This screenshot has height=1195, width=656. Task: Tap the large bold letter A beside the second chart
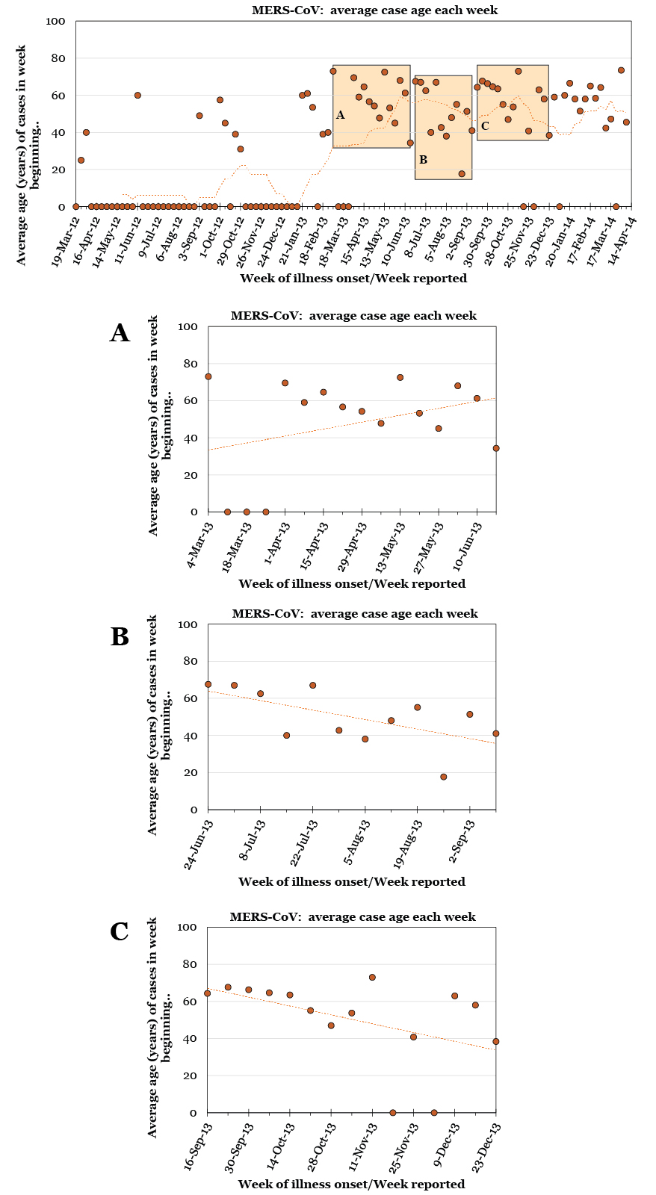click(x=120, y=332)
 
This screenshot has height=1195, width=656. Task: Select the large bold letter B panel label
click(x=120, y=636)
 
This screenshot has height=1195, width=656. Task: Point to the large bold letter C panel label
click(x=120, y=931)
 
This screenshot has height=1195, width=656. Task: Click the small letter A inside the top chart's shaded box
click(x=340, y=115)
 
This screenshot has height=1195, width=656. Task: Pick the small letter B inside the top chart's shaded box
click(x=423, y=159)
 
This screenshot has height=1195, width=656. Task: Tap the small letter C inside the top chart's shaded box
click(x=485, y=125)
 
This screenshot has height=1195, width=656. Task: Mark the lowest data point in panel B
click(x=443, y=777)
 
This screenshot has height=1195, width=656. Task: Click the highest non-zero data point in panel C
click(x=372, y=977)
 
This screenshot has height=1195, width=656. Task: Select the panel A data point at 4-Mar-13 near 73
click(x=208, y=376)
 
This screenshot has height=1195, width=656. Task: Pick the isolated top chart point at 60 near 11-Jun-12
click(x=137, y=95)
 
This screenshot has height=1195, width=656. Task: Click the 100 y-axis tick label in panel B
click(x=187, y=624)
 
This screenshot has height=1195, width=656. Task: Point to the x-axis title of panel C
click(x=351, y=1184)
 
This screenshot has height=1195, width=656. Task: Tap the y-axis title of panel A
click(x=161, y=426)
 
